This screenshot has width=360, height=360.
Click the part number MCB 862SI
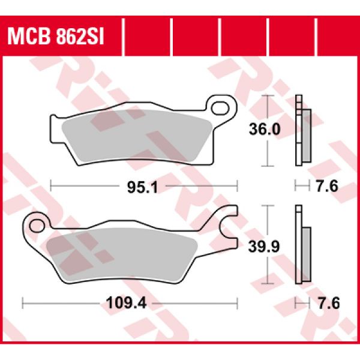coord(56,37)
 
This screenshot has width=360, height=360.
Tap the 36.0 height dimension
coord(265,129)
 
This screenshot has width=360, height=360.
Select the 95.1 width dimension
coord(143,188)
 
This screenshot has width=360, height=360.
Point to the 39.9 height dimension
coord(264,247)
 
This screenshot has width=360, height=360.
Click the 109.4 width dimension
coord(126,303)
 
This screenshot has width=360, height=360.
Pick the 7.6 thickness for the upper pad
coord(328,186)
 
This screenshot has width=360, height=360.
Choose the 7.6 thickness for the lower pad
coord(328,303)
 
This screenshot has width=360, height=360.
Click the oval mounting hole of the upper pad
coord(220,109)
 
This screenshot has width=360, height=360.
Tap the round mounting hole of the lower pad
coord(37,226)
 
